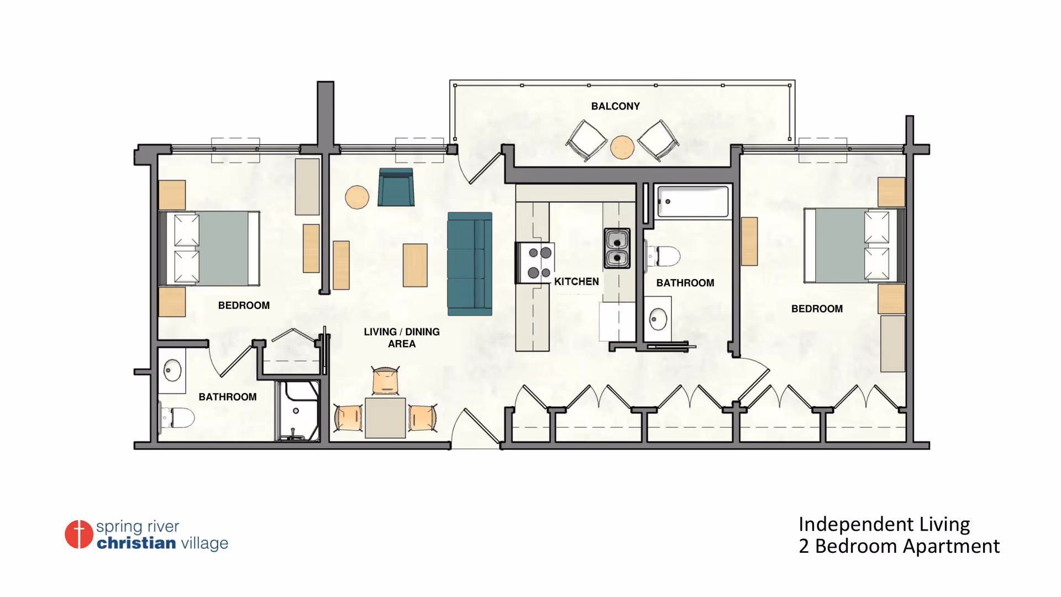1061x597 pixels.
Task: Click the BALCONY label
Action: point(615,106)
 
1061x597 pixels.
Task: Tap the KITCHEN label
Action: point(576,281)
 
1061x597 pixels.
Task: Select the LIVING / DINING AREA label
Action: point(402,338)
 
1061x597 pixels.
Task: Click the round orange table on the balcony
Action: point(622,147)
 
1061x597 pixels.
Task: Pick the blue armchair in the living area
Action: point(396,187)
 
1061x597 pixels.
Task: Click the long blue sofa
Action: point(470,264)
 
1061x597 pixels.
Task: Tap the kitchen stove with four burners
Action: point(535,263)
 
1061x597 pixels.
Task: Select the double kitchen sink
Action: point(617,248)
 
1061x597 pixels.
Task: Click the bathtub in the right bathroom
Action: point(693,202)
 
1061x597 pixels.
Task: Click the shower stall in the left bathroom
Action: point(298,411)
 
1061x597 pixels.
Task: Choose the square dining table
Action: point(385,418)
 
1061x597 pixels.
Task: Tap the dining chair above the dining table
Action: point(385,380)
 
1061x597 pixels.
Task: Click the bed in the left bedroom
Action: point(209,248)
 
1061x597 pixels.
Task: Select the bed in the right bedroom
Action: point(854,245)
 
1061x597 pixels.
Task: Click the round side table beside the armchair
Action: point(357,197)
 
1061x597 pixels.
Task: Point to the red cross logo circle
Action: point(79,534)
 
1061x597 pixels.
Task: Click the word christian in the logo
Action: point(136,543)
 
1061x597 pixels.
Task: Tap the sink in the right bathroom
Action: point(658,319)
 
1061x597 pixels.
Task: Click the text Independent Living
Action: point(884,525)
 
